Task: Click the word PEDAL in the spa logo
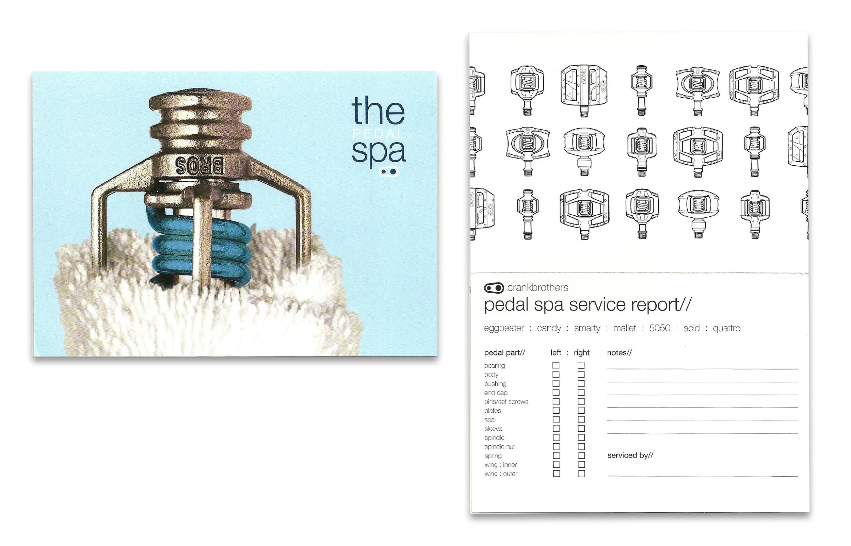coord(379,134)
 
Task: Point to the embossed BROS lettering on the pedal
coord(200,165)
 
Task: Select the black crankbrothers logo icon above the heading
coord(494,287)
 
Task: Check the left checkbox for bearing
coord(556,365)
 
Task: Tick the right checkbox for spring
coord(581,456)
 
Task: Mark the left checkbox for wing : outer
coord(556,474)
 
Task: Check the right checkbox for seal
coord(581,419)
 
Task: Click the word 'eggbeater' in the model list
coord(504,328)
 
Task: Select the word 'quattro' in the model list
coord(726,328)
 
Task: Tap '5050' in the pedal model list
coord(659,328)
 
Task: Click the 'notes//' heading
coord(620,353)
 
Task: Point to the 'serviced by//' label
coord(630,455)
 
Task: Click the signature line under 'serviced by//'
coord(703,476)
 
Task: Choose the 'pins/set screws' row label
coord(506,402)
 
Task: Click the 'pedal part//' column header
coord(504,353)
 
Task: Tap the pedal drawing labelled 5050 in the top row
coord(584,90)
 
